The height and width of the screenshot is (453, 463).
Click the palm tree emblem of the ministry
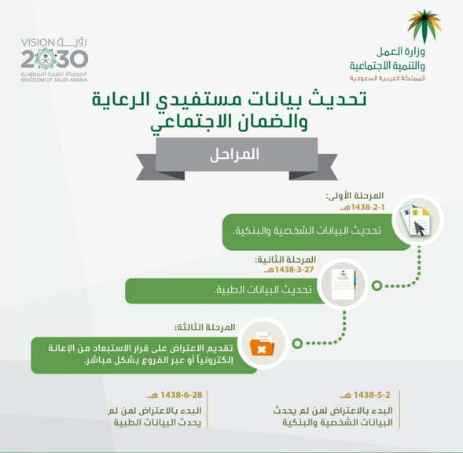(x=424, y=26)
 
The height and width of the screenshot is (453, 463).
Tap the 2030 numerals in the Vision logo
(x=54, y=59)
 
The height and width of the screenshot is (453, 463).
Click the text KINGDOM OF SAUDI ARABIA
(x=54, y=80)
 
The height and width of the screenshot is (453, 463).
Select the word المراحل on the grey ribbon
(x=234, y=154)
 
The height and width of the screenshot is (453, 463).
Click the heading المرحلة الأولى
(x=355, y=196)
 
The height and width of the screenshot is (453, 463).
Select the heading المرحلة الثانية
(x=285, y=260)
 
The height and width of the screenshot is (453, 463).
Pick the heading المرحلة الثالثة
(x=204, y=327)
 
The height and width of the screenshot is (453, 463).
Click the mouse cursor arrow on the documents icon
(x=420, y=228)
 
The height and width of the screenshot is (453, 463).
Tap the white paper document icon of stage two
(x=344, y=284)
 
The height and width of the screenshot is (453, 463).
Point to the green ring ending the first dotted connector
(x=377, y=285)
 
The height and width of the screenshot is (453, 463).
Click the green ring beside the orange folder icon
(x=297, y=344)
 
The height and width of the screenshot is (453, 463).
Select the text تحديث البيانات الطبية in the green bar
(x=263, y=289)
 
